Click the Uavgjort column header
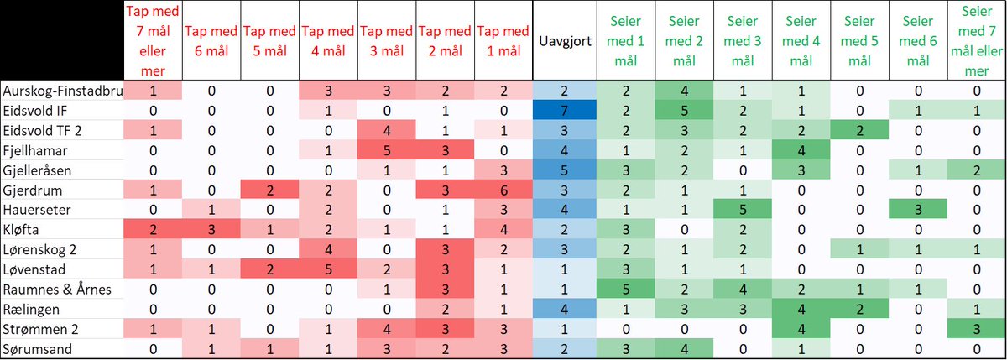coord(564,41)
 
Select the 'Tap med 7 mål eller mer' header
coord(154,41)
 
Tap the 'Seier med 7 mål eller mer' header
coord(977,41)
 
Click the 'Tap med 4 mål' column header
coord(329,41)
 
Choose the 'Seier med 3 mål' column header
coord(742,41)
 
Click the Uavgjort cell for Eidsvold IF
coord(564,111)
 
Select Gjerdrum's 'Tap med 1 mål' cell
coord(504,190)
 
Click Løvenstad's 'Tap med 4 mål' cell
coord(329,268)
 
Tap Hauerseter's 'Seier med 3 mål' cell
coord(742,209)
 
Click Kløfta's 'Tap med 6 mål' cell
coord(211,228)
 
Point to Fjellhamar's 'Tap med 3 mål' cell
coord(388,150)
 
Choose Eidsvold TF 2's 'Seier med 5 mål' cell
coord(859,130)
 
